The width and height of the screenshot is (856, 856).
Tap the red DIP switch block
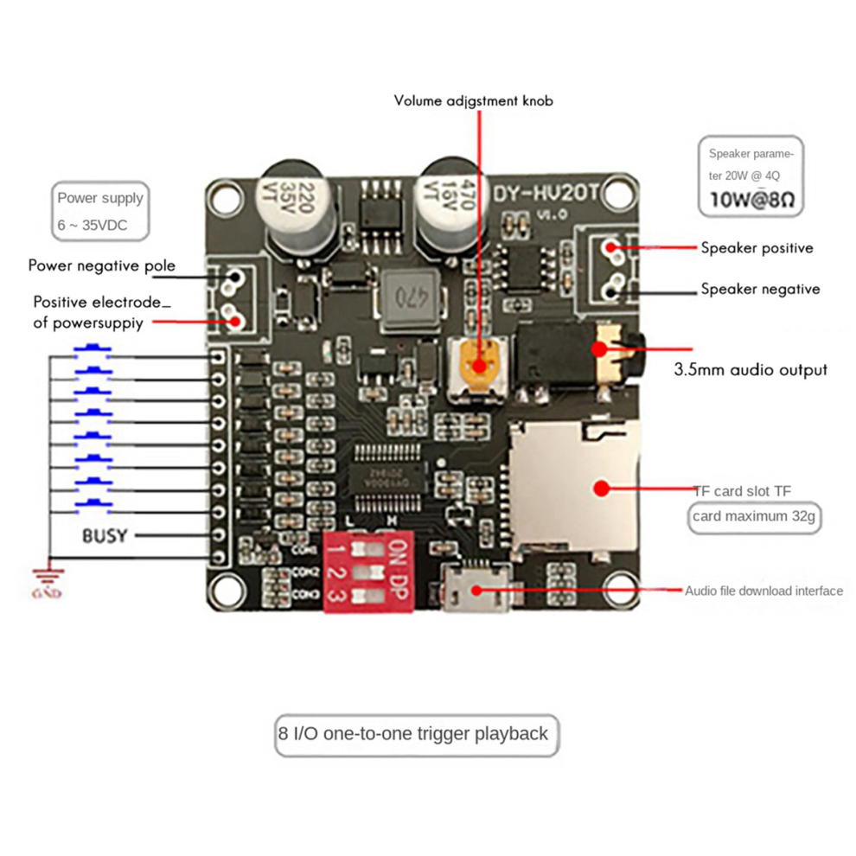[x=368, y=572]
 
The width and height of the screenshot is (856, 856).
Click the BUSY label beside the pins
[x=105, y=535]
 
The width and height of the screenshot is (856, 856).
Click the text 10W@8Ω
[x=751, y=201]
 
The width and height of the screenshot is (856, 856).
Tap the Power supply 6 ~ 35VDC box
[x=99, y=212]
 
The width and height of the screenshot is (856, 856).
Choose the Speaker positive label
[x=757, y=248]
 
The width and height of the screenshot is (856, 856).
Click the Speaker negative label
[x=760, y=289]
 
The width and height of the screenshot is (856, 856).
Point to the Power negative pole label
[x=101, y=265]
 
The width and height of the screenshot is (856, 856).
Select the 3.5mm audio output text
[x=750, y=370]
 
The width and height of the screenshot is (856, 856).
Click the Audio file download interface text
[x=763, y=591]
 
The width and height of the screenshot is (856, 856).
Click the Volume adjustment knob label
[x=473, y=100]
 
